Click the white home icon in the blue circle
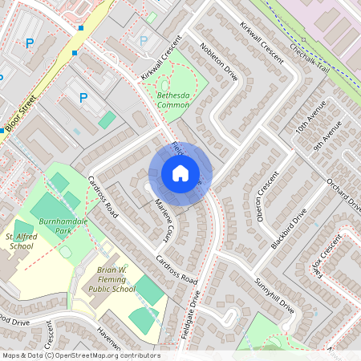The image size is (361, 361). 180,173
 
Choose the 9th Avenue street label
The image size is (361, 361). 328,135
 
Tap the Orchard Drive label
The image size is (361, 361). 344,194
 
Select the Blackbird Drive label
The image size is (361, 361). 290,228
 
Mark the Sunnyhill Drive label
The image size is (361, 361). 276,295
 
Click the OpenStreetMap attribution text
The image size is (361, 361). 80,355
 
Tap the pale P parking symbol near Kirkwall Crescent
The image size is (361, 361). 144,40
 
